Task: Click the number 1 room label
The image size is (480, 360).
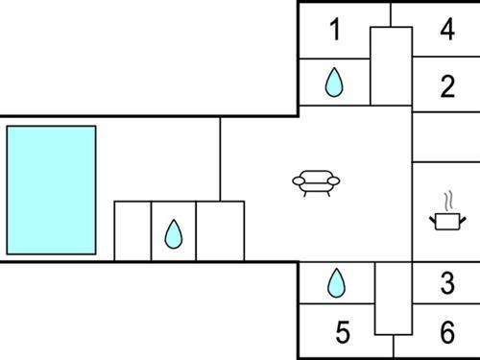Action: pos(334,30)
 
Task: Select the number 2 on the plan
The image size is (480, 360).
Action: pos(446,87)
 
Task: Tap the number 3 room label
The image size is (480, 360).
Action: pos(446,283)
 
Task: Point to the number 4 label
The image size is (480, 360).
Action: pos(446,30)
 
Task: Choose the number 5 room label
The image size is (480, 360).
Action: pos(343,333)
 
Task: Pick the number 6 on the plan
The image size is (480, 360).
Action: pos(446,333)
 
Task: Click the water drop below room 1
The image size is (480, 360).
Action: pos(333,84)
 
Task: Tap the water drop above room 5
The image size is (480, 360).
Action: pos(335,282)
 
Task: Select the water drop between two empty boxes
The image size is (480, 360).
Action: pos(173,233)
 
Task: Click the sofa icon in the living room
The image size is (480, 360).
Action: pos(317,180)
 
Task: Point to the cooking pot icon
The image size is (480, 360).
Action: pos(446,221)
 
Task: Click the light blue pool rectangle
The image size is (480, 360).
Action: pos(51,189)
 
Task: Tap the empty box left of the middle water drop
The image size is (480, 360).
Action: pos(132,230)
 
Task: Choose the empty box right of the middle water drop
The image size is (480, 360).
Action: pos(220,230)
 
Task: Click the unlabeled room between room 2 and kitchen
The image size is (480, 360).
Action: pos(445,137)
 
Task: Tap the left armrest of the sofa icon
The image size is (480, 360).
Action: pos(298,180)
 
